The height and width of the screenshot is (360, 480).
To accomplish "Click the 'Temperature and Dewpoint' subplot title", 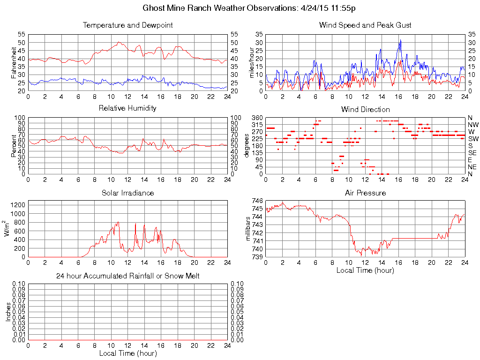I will [x=127, y=25].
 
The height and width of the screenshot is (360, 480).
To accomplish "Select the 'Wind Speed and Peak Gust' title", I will [x=365, y=25].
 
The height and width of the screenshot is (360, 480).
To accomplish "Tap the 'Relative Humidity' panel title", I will [x=127, y=109].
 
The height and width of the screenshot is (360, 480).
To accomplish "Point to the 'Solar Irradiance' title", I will [x=127, y=193].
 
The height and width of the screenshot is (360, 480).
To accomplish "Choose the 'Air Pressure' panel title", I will [x=365, y=193].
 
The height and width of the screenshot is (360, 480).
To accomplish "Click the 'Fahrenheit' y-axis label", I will [x=14, y=62].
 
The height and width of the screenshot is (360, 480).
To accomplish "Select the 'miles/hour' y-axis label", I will [x=252, y=62].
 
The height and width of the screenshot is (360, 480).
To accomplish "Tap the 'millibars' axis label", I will [x=249, y=228].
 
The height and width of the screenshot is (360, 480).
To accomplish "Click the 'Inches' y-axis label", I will [x=8, y=312].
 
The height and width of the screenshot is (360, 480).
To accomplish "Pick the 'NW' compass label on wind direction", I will [x=473, y=125].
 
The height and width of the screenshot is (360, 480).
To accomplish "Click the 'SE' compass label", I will [x=472, y=153].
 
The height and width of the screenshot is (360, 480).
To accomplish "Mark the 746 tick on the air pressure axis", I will [x=257, y=201].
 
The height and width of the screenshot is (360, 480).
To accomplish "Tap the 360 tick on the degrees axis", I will [x=256, y=117].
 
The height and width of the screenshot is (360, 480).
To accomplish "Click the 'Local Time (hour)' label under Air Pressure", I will [x=365, y=270].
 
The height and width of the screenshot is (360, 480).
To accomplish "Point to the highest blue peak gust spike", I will [x=400, y=40].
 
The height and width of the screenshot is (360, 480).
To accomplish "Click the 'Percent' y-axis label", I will [x=14, y=145].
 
